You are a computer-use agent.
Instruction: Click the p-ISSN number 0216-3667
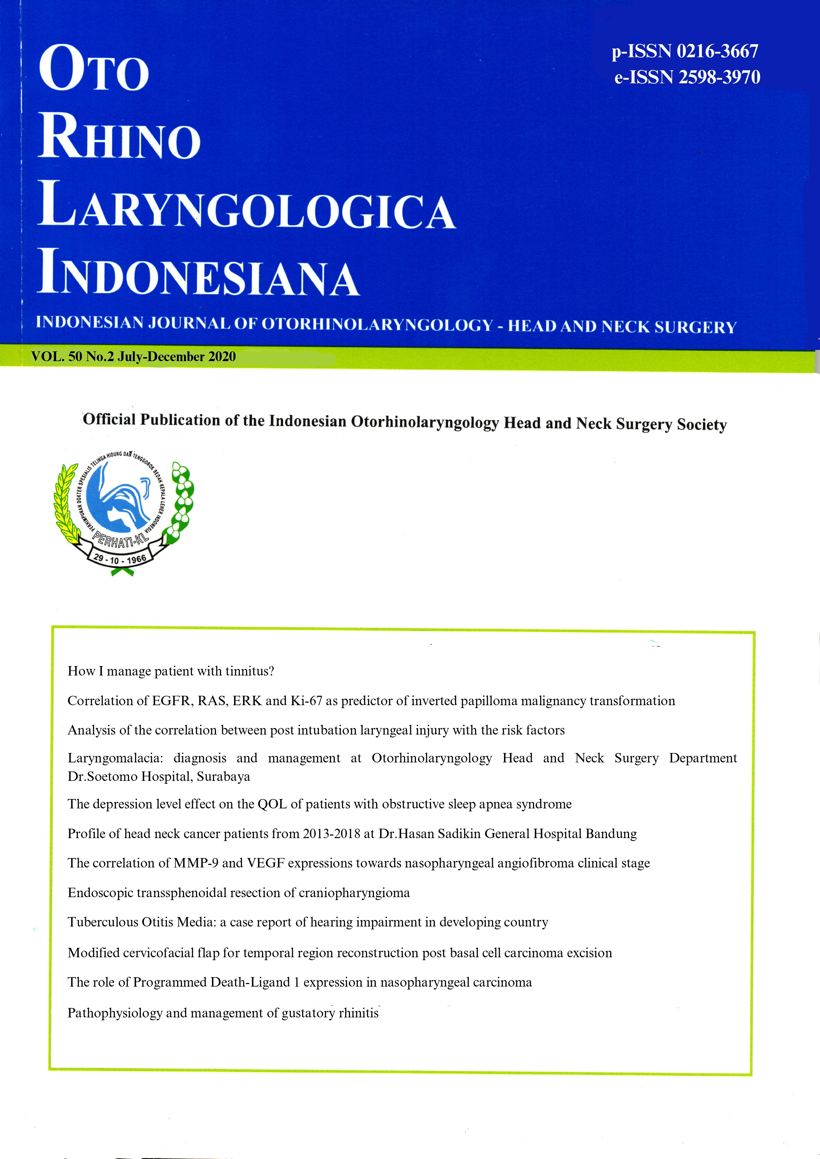click(x=717, y=51)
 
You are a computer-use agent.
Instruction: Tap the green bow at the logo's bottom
click(x=122, y=572)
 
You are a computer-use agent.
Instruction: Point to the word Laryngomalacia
click(x=114, y=758)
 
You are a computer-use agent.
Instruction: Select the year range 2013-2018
click(x=331, y=833)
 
